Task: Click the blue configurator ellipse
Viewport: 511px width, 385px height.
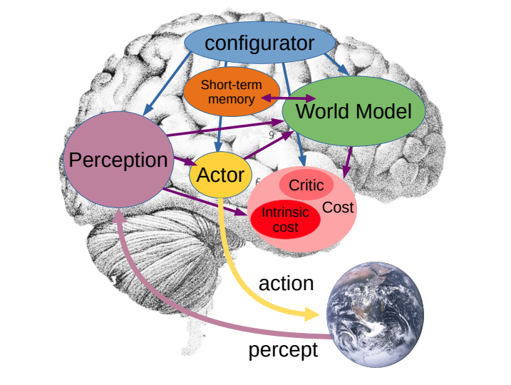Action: click(259, 44)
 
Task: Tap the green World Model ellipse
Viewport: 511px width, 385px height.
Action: click(353, 111)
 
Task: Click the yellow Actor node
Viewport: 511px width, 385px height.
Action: click(220, 175)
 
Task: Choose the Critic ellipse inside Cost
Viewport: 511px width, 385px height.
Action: click(306, 185)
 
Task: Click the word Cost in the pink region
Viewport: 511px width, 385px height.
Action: click(338, 207)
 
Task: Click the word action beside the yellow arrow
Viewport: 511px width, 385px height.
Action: click(286, 283)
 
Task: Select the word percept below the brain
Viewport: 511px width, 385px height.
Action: click(282, 351)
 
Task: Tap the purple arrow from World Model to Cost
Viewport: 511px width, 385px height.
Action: click(349, 163)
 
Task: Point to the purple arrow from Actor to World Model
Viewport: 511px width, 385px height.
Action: click(265, 145)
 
